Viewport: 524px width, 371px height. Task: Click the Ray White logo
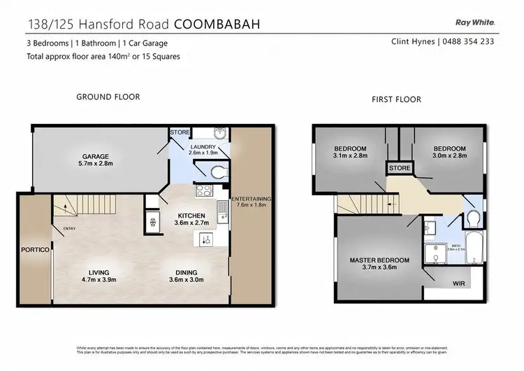pyautogui.click(x=475, y=23)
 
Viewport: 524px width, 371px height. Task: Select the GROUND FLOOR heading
pyautogui.click(x=108, y=97)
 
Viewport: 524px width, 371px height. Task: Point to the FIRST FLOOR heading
pyautogui.click(x=396, y=99)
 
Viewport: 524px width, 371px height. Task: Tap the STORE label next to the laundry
pyautogui.click(x=180, y=132)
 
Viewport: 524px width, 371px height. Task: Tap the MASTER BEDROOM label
pyautogui.click(x=379, y=260)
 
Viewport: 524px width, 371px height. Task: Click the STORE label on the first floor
pyautogui.click(x=400, y=168)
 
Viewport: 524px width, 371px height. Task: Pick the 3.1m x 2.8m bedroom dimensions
pyautogui.click(x=350, y=157)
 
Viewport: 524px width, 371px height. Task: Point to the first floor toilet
pyautogui.click(x=472, y=218)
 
